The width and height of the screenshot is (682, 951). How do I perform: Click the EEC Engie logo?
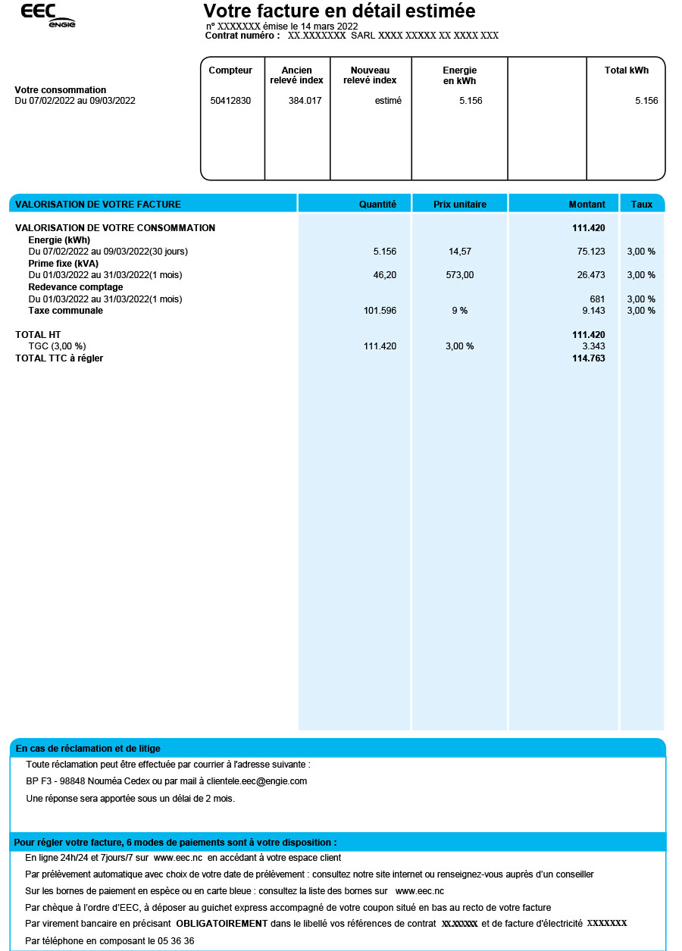(x=48, y=15)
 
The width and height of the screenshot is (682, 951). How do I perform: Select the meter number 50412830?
(x=230, y=101)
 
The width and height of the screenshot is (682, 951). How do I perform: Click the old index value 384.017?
(x=305, y=101)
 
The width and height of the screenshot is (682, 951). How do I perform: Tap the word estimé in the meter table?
(x=388, y=101)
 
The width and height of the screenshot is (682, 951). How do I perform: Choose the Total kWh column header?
(x=626, y=70)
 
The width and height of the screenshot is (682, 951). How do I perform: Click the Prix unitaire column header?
(x=460, y=204)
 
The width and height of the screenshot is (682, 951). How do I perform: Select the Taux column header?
(x=642, y=204)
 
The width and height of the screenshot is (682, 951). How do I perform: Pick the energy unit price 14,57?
(x=460, y=251)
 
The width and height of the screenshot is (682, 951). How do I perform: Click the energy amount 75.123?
(x=591, y=251)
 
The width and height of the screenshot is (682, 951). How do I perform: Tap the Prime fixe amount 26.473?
(x=591, y=275)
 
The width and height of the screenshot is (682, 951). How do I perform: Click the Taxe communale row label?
(x=66, y=311)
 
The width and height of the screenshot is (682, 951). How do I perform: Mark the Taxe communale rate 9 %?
(x=460, y=311)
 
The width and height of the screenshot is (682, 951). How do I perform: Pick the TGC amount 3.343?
(x=593, y=346)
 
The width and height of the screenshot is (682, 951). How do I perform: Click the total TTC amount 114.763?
(x=588, y=358)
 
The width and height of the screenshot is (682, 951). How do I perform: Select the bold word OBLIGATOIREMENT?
(x=222, y=924)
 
